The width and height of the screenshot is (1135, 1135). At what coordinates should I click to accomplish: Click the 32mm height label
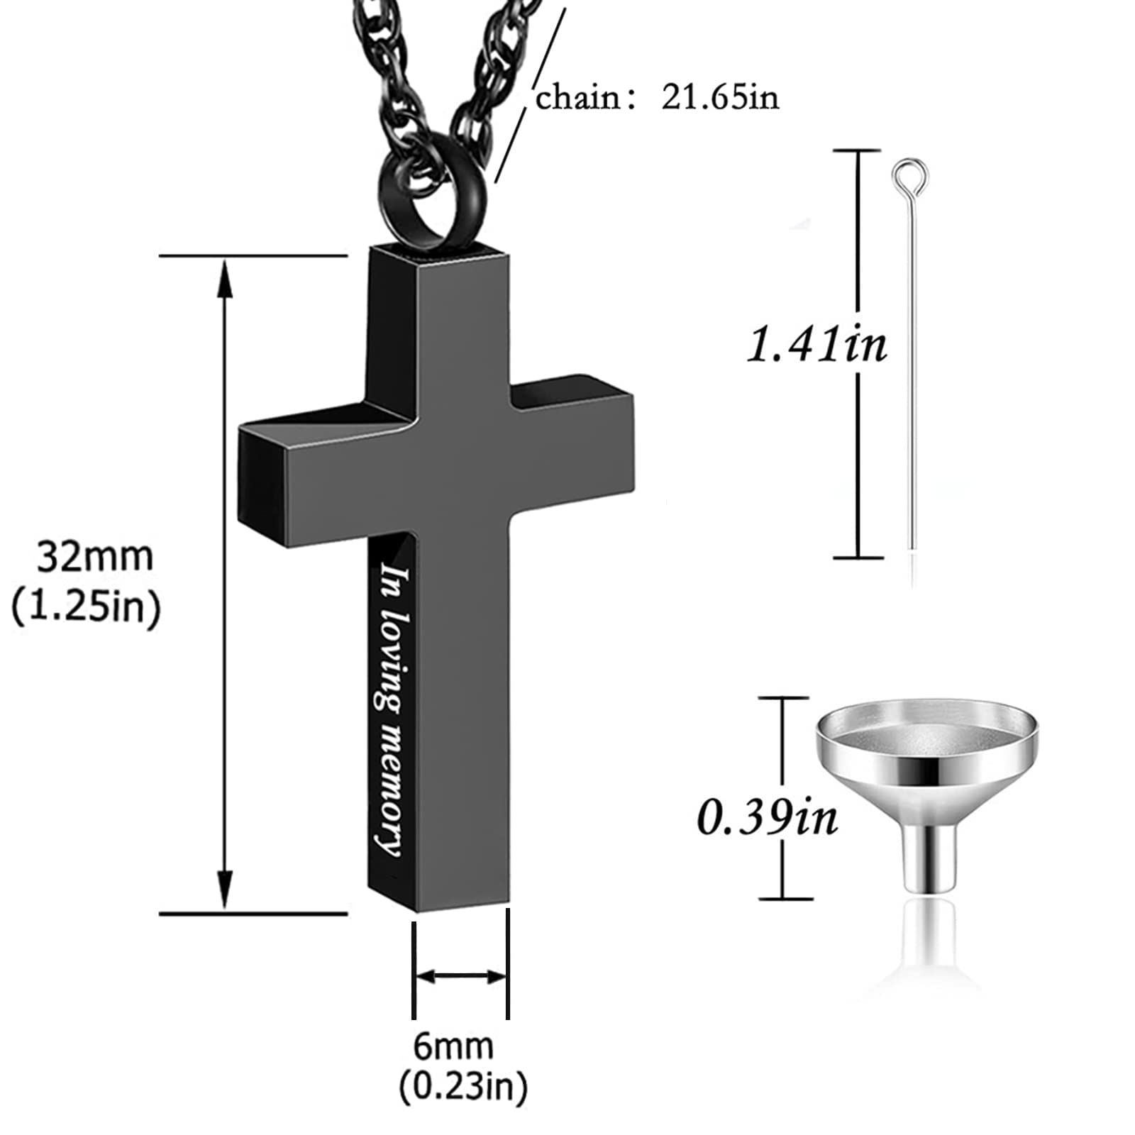click(x=94, y=557)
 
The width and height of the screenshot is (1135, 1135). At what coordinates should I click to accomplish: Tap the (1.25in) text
click(x=87, y=607)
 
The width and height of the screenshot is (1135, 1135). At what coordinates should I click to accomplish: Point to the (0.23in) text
click(x=463, y=1086)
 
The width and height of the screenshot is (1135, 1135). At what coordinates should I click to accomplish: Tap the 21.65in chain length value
click(x=720, y=97)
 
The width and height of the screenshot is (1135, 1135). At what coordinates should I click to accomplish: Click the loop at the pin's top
click(x=911, y=175)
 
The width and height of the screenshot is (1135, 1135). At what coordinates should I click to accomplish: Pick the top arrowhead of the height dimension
click(x=225, y=273)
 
